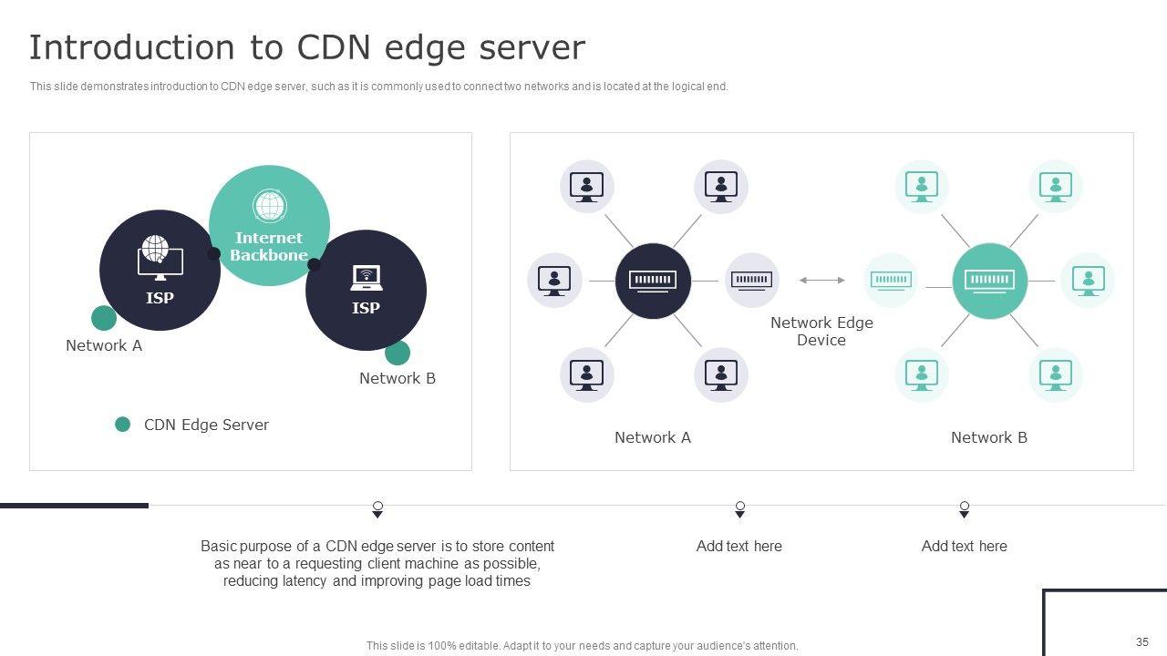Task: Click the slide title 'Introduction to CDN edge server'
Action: [306, 47]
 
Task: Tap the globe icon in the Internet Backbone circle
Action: [269, 206]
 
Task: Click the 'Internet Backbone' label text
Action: [269, 247]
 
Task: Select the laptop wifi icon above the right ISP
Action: [366, 277]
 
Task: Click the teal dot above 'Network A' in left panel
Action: [104, 318]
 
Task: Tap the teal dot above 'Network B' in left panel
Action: [398, 353]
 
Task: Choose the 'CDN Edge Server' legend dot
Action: [122, 425]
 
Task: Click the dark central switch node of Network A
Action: [653, 281]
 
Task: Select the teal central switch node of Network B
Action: [989, 281]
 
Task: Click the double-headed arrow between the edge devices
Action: [821, 281]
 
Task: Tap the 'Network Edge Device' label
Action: [821, 332]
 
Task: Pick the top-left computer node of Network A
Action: [586, 187]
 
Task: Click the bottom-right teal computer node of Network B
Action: [1056, 374]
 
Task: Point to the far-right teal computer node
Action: [1088, 281]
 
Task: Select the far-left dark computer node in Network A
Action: [554, 281]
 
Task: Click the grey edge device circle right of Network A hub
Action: [752, 281]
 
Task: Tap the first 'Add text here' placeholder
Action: [738, 547]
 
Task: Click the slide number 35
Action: [1142, 641]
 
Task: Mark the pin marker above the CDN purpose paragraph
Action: [377, 509]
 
